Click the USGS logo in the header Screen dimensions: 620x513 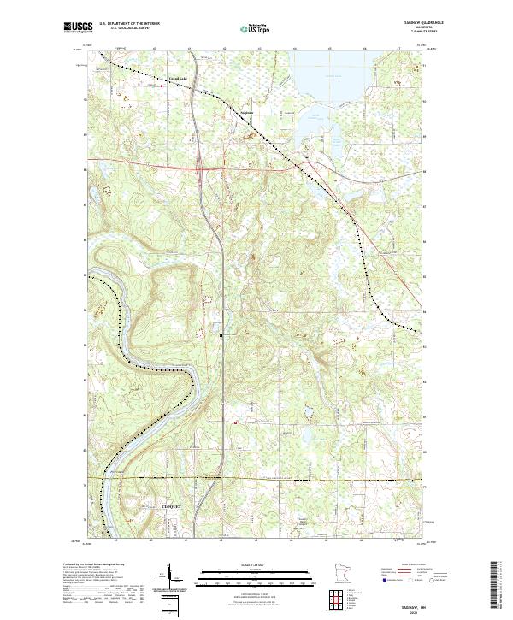(76, 27)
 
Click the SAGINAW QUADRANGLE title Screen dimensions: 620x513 (407, 24)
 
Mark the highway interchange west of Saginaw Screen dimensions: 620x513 (200, 168)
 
